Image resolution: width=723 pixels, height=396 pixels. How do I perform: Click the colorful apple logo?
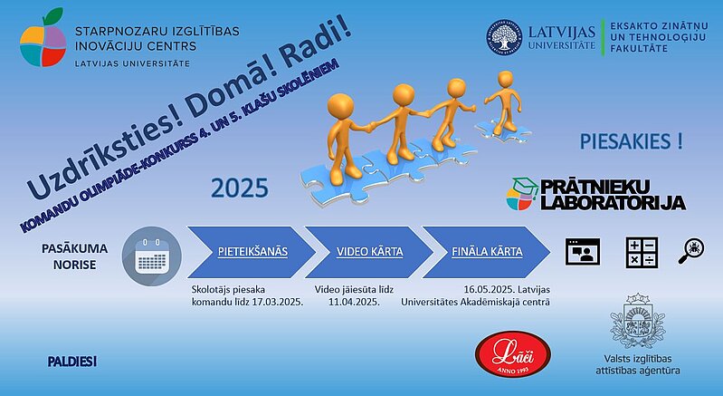43,38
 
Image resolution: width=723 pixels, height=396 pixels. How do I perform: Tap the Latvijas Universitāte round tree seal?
504,38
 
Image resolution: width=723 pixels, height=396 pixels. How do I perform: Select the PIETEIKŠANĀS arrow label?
252,252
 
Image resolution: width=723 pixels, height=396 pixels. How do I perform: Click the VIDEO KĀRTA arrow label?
370,252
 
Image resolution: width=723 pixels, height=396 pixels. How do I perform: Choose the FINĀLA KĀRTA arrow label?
487,252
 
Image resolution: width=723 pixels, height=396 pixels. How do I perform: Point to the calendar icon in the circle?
152,256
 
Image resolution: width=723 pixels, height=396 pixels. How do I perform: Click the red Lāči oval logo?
513,354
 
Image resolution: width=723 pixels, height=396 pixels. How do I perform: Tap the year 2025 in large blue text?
240,188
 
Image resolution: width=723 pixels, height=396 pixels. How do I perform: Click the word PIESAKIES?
625,141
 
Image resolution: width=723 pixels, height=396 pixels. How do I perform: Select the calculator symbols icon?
642,252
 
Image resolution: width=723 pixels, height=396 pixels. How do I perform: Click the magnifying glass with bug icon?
691,251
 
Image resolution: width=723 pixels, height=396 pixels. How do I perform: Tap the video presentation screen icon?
583,252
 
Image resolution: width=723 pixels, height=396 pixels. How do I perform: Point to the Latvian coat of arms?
638,321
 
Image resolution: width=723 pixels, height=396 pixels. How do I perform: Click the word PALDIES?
71,362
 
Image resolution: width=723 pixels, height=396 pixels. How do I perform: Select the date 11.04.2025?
354,303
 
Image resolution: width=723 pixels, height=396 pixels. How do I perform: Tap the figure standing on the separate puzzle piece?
504,102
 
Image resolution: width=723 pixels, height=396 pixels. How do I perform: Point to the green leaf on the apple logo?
53,15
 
